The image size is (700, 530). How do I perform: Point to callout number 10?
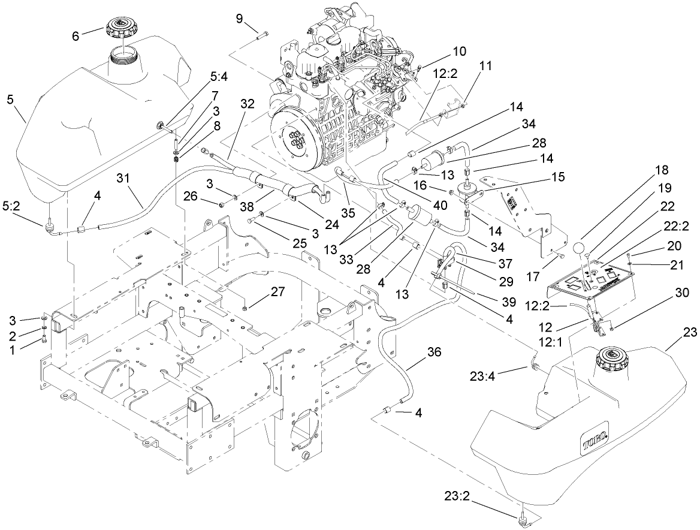(x=459, y=52)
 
